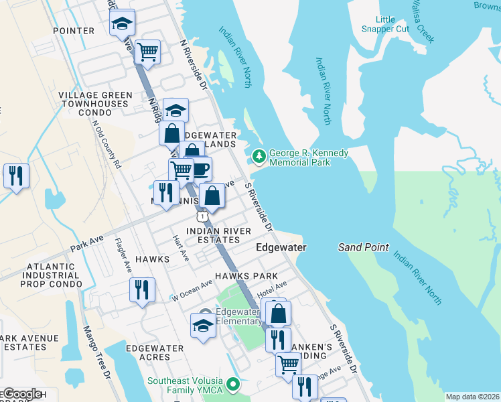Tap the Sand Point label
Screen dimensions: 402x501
click(363, 247)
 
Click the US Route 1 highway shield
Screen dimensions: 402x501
click(202, 216)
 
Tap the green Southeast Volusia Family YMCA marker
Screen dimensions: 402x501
click(233, 385)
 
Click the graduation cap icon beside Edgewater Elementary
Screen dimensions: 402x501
click(203, 325)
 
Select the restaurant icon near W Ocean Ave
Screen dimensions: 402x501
click(143, 289)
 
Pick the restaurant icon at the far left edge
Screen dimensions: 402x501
click(17, 176)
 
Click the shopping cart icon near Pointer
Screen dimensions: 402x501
click(147, 52)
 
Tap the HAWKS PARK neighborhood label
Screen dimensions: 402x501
click(246, 276)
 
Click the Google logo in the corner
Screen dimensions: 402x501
click(22, 394)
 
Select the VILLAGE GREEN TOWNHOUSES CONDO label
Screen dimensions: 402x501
click(94, 104)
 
